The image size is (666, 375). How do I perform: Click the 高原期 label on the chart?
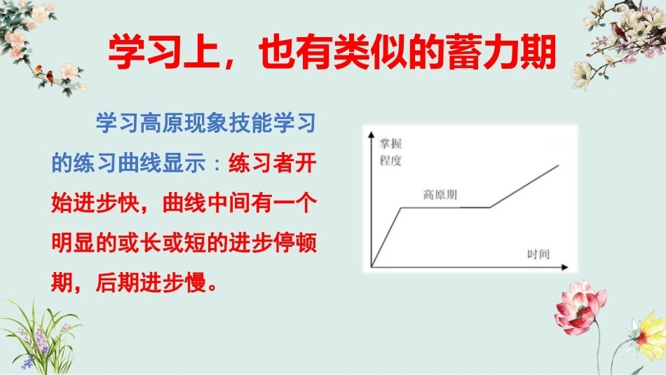point(440,195)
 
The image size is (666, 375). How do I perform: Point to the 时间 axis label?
point(538,254)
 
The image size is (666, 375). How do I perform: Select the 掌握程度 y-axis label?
point(390,152)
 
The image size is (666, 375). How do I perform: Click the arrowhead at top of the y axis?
point(372,135)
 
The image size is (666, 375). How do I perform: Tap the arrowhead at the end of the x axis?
point(565,267)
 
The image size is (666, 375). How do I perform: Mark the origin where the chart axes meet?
point(372,267)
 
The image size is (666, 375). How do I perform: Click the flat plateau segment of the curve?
point(446,207)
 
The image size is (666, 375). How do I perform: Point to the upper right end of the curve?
point(559,165)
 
